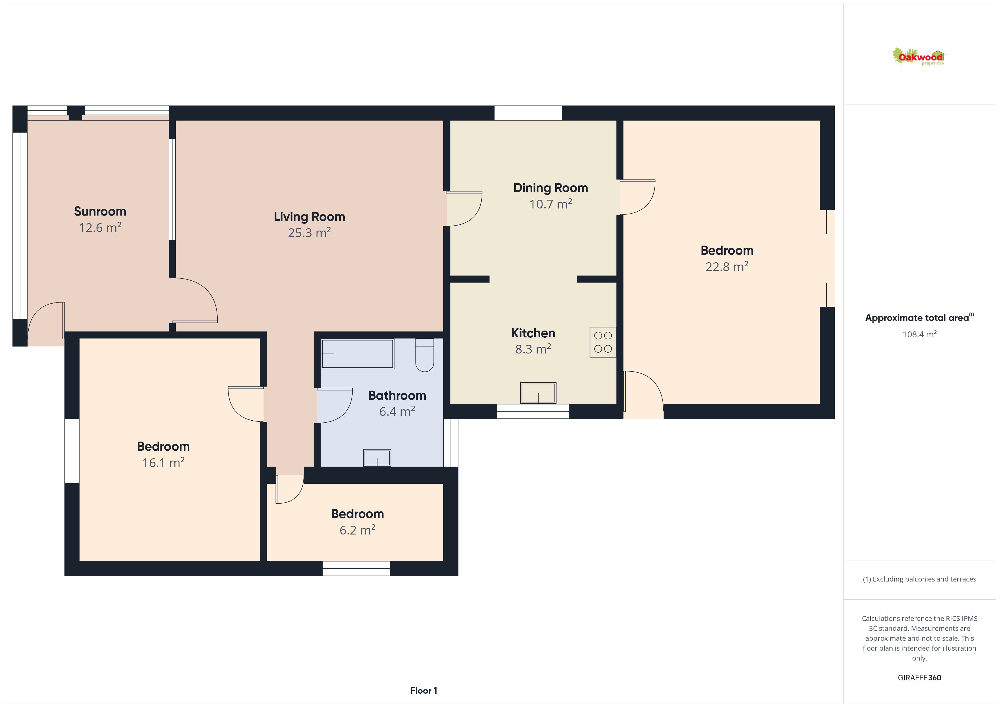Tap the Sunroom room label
tap(100, 212)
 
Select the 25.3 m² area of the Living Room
tap(309, 233)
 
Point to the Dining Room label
tap(550, 188)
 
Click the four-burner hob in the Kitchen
tap(603, 342)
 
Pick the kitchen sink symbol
tap(538, 393)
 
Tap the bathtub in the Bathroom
tap(358, 354)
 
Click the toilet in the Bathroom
tap(425, 355)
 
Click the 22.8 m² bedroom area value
tap(727, 267)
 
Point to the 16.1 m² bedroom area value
tap(163, 462)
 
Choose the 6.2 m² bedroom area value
tap(357, 530)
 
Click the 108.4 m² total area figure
tap(920, 334)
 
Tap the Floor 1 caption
tap(423, 691)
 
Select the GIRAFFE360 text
tap(920, 677)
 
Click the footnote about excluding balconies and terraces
tap(920, 579)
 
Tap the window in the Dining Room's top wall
tap(528, 113)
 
